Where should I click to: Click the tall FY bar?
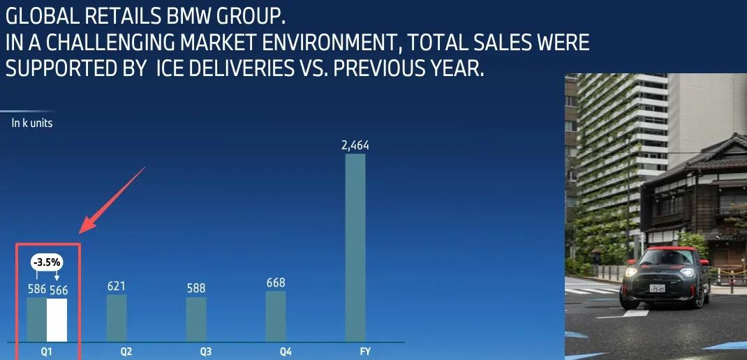click(355, 248)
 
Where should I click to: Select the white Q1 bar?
click(57, 320)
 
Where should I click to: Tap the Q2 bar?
click(117, 318)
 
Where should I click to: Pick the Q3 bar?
click(196, 320)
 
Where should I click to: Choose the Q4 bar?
click(276, 316)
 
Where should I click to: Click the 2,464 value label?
click(355, 146)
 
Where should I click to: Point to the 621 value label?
click(117, 285)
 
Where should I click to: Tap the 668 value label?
click(276, 283)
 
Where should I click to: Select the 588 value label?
click(196, 288)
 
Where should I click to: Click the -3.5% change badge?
click(47, 263)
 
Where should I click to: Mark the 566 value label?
click(57, 289)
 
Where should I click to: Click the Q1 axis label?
click(47, 351)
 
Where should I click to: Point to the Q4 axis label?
click(286, 351)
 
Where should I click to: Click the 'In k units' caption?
click(32, 123)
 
